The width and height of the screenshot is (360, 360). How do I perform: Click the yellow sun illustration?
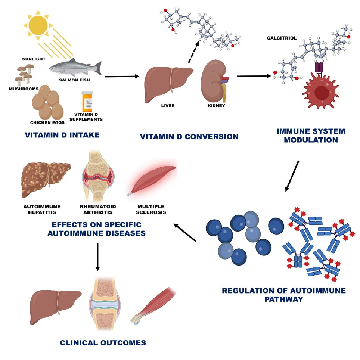coord(36,25)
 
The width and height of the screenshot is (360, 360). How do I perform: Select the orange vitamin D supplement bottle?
coord(87,102)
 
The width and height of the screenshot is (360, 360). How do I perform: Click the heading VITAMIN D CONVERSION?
coord(189,137)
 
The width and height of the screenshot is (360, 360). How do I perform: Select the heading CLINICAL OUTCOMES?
coord(103,342)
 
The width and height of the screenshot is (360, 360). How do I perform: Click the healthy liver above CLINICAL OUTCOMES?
coord(55,300)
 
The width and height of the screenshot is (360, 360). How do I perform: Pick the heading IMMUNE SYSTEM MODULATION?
coord(311,136)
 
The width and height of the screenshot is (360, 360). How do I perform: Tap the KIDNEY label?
coord(216,106)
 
